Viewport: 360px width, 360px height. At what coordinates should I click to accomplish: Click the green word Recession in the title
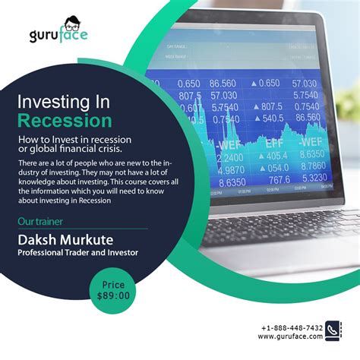pos(65,121)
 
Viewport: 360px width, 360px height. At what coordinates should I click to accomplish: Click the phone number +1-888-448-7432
pos(294,328)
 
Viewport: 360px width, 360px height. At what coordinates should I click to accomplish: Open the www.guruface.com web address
pos(293,338)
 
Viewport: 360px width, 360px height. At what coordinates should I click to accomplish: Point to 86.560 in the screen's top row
pos(223,84)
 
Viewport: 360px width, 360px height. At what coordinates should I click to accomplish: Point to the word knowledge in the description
pos(39,183)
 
